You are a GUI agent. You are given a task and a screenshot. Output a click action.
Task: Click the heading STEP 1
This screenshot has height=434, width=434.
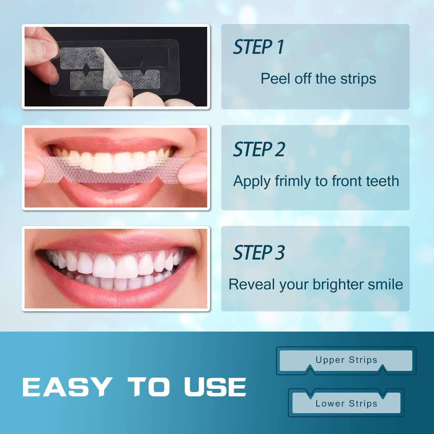click(258, 47)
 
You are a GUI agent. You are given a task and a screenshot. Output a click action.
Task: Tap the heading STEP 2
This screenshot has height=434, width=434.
click(259, 150)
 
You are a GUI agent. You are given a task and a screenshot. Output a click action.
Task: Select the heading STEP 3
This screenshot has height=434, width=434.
click(259, 252)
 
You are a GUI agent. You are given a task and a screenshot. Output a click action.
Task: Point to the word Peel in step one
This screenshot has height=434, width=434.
click(275, 79)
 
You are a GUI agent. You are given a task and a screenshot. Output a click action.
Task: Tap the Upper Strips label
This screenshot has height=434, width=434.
click(346, 360)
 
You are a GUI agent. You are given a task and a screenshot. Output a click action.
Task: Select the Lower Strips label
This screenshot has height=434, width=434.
click(346, 403)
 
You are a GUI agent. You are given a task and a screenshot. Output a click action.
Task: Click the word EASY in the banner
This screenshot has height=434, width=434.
click(67, 387)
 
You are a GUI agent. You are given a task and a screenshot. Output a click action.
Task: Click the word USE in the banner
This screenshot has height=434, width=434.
click(215, 387)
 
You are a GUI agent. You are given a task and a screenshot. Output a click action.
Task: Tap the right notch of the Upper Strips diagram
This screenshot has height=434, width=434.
click(382, 369)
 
